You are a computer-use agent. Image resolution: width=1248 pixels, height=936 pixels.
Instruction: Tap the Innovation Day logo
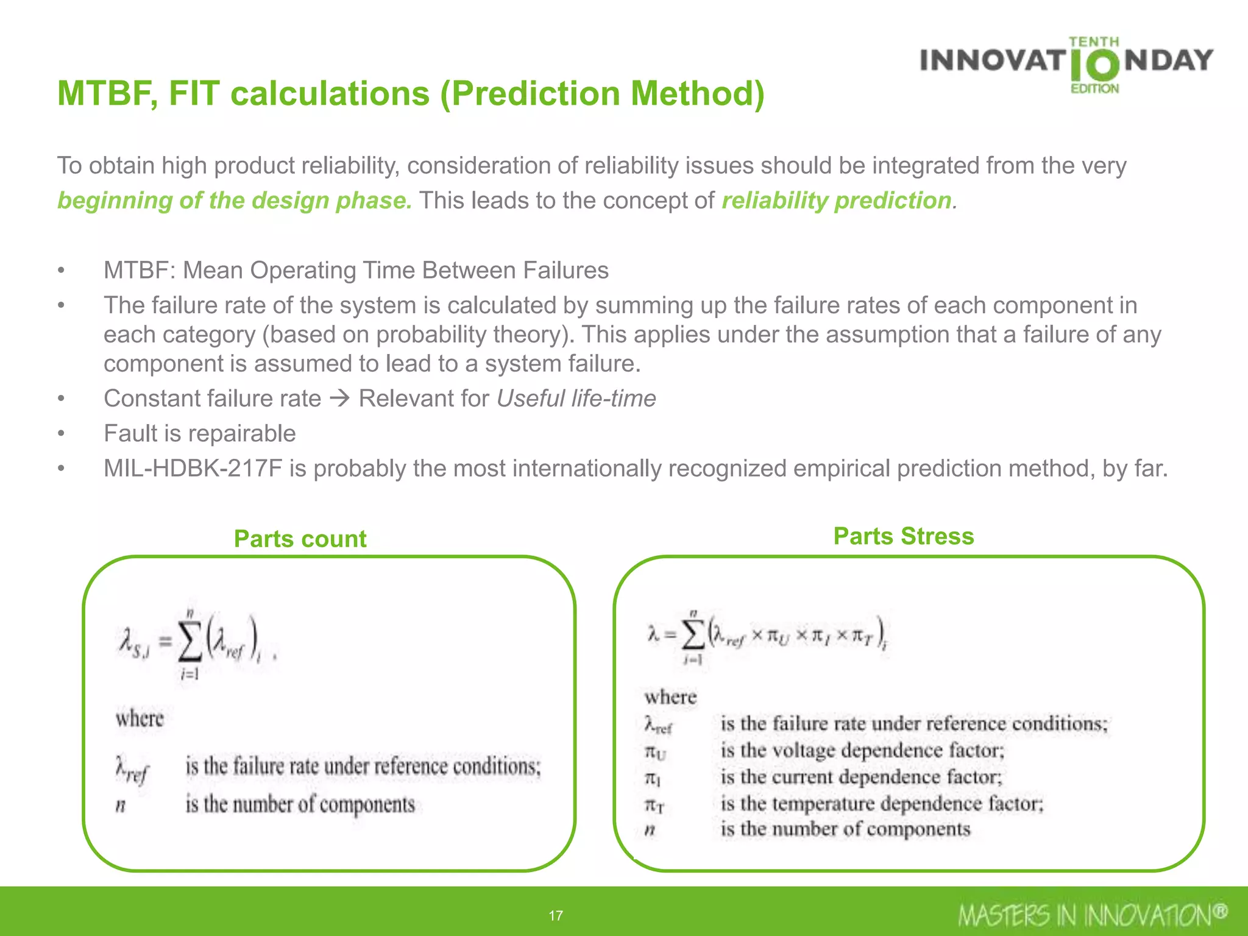1066,65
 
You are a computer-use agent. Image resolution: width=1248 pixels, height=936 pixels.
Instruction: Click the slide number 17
555,915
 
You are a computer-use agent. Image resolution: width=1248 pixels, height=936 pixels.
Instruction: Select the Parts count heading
300,539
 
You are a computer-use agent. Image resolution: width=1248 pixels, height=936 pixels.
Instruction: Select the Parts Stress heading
903,536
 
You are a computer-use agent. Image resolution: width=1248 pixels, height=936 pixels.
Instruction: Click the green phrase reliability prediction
836,200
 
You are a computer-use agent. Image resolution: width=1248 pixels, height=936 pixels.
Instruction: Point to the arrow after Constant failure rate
339,399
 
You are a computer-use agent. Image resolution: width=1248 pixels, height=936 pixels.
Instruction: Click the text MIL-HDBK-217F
193,469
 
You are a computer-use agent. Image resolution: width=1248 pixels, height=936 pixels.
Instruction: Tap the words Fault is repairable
199,433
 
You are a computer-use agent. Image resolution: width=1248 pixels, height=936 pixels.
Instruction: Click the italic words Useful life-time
576,399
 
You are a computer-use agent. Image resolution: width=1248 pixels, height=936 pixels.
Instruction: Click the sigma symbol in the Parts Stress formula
693,636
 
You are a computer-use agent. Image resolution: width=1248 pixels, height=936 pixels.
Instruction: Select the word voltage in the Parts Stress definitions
803,750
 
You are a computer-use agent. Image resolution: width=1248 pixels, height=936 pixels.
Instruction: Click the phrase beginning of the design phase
235,200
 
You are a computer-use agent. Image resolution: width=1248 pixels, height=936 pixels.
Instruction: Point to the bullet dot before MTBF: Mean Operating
61,271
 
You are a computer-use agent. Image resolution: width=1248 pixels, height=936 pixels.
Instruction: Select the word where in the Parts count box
140,718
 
